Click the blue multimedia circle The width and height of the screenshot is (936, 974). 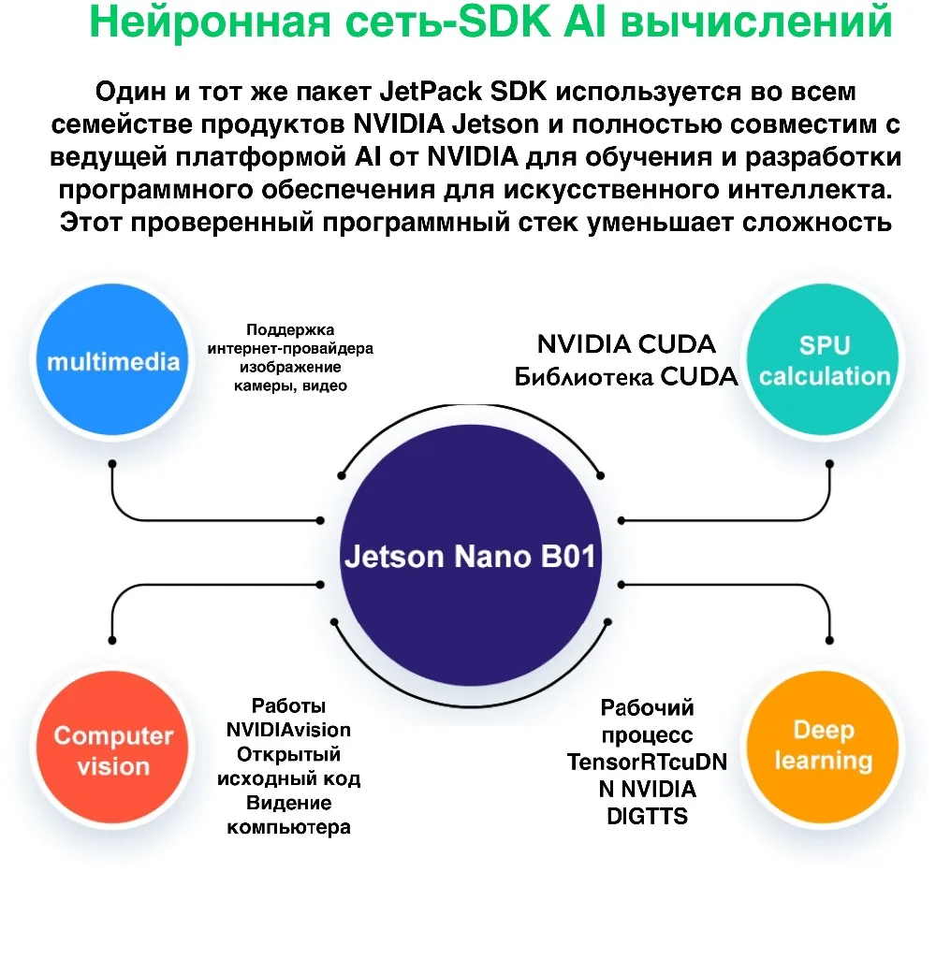112,361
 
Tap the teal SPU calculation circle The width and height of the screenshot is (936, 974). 824,361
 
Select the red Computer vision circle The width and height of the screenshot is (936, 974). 112,750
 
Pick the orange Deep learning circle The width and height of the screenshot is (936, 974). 824,746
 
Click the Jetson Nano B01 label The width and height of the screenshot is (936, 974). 469,556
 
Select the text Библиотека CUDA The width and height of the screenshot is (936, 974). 626,376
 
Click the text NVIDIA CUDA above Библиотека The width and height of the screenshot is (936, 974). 626,344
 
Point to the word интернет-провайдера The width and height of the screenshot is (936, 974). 290,349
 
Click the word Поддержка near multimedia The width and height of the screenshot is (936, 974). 290,330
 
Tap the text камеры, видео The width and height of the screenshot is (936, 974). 290,385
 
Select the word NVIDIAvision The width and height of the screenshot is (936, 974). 288,730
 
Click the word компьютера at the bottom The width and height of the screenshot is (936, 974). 288,827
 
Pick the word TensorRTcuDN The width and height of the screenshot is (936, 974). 647,763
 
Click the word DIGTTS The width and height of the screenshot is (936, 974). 647,817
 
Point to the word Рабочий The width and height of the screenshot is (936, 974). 647,708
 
